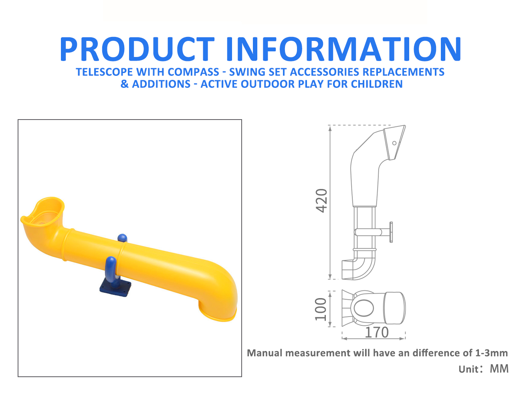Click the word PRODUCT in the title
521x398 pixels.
(137, 49)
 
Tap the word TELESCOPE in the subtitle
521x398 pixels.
(104, 72)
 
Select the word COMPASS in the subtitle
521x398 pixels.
(194, 72)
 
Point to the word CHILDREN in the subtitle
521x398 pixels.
(377, 84)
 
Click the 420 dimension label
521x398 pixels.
(321, 201)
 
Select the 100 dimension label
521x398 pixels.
(321, 309)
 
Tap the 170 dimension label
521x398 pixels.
(376, 333)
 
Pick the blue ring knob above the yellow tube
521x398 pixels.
(122, 238)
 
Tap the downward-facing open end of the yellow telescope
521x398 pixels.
(218, 312)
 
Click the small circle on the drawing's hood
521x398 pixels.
(394, 143)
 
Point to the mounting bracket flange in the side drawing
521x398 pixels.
(391, 232)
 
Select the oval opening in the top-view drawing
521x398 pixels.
(363, 308)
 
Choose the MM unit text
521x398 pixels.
(499, 369)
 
